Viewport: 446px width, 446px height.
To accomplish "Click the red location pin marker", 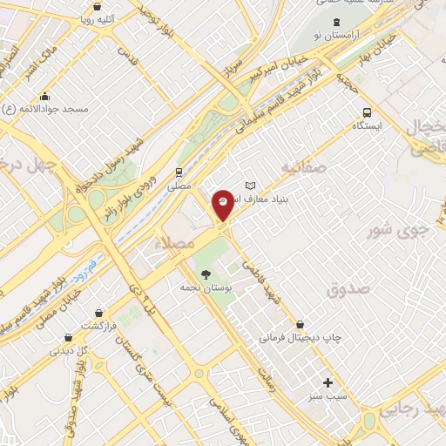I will click(223, 202).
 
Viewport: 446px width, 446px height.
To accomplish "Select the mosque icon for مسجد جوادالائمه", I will click(44, 97).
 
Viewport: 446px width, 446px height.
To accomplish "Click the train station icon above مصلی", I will click(178, 172).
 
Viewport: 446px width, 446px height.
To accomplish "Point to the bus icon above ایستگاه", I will click(367, 112).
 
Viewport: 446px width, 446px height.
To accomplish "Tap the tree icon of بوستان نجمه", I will click(206, 274).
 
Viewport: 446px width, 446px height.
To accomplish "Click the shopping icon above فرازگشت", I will click(101, 312).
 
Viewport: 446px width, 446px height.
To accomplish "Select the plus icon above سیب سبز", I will click(328, 382).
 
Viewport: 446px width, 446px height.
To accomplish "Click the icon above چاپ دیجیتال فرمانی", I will click(300, 323).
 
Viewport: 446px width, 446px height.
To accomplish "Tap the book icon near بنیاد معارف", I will click(251, 186).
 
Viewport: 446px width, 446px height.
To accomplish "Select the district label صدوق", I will click(349, 289).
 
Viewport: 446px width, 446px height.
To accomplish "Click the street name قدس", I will click(130, 57).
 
